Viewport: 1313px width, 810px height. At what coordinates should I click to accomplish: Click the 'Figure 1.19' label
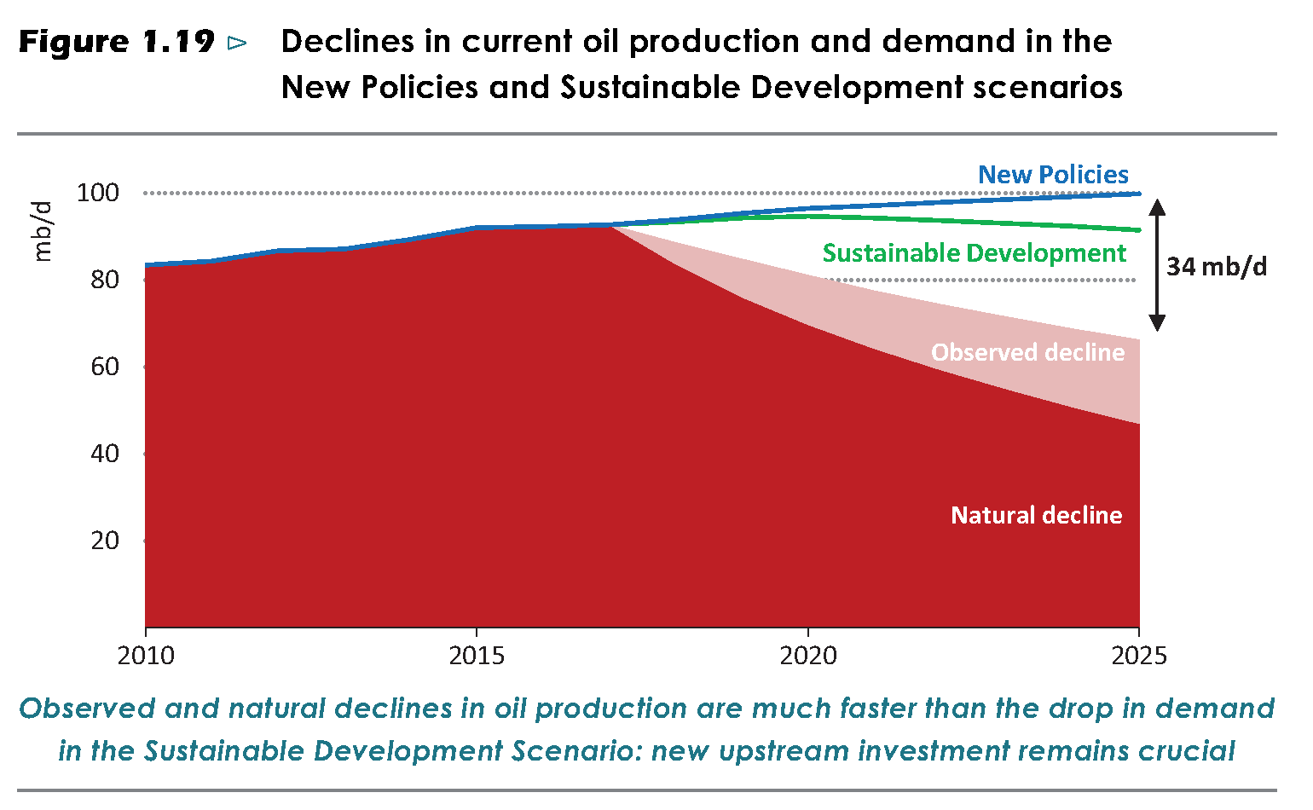[x=116, y=42]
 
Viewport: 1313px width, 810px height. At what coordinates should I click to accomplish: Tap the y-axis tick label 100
[x=98, y=193]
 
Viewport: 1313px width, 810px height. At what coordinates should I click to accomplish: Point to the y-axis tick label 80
[x=104, y=280]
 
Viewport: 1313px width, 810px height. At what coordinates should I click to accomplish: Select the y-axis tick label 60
[x=104, y=367]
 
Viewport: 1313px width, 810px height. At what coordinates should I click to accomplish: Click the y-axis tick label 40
[x=104, y=454]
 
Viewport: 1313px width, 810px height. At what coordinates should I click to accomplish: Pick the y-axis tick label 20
[x=104, y=541]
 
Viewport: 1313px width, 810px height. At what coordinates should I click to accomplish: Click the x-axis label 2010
[x=146, y=656]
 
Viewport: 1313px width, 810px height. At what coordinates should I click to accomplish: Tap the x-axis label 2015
[x=477, y=656]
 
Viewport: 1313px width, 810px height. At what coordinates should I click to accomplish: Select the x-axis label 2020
[x=808, y=656]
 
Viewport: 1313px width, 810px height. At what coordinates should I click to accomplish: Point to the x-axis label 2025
[x=1139, y=656]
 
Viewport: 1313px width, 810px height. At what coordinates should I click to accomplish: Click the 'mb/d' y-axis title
[x=42, y=231]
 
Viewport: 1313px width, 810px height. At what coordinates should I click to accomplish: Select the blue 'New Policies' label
[x=1053, y=175]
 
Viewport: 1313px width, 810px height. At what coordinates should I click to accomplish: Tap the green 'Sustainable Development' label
[x=975, y=253]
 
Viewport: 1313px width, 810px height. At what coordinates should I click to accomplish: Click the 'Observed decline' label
[x=1027, y=352]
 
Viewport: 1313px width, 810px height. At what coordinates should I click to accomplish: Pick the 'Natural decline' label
[x=1036, y=515]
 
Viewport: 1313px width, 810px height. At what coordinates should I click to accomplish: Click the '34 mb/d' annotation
[x=1217, y=267]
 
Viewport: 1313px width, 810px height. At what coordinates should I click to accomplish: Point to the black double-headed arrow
[x=1157, y=264]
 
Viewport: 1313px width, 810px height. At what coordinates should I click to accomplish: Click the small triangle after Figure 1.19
[x=238, y=43]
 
